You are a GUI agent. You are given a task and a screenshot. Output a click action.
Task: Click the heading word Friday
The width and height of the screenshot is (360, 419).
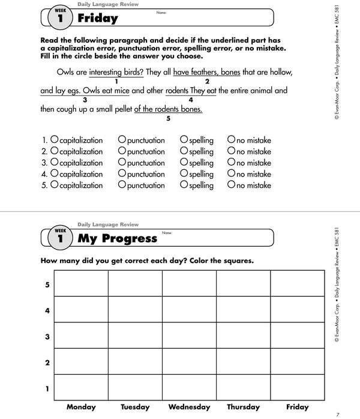[98, 19]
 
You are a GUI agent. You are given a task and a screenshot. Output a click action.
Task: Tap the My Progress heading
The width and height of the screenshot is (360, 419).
[118, 238]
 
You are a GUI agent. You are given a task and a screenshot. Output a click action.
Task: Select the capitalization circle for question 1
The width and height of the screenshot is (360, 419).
[54, 139]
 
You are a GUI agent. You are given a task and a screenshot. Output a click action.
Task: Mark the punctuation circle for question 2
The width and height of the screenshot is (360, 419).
[122, 151]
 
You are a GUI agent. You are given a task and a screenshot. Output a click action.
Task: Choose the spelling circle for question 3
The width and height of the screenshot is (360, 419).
[184, 162]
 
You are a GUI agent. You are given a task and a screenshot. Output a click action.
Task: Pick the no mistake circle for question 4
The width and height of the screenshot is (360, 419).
[231, 173]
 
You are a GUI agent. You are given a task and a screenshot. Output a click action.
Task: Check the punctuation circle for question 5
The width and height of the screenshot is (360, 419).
[122, 185]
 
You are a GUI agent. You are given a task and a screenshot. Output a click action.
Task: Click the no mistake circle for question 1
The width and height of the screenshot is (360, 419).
[231, 139]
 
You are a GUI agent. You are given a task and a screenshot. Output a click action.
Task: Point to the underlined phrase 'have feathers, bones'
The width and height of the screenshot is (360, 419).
[206, 72]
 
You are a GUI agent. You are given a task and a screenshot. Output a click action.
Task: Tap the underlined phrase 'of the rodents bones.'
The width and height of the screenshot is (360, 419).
[168, 109]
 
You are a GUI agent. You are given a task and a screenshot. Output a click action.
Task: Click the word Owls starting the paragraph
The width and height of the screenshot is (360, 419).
[65, 72]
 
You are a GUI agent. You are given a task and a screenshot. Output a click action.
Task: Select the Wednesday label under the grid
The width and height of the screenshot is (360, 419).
[188, 407]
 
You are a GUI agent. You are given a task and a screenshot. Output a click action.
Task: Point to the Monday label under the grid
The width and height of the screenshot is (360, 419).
[81, 407]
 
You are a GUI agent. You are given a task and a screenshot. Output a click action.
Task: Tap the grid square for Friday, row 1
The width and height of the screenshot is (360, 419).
[297, 388]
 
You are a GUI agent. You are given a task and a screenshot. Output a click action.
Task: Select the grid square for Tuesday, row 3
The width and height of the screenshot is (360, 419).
[135, 336]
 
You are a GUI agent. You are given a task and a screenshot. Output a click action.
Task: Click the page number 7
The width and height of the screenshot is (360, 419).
[338, 414]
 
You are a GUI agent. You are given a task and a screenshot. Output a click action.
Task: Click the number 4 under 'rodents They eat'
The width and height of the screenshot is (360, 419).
[190, 100]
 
